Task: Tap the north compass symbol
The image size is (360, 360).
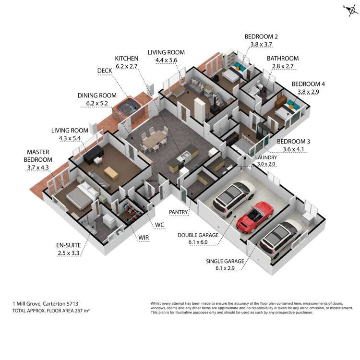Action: click(348, 11)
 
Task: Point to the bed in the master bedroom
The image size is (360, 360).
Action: click(79, 194)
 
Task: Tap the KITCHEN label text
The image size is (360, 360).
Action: click(126, 59)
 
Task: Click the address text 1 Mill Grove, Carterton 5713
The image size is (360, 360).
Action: click(46, 304)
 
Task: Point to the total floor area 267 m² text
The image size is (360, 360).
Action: click(51, 311)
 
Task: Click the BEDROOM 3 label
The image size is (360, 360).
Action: click(293, 142)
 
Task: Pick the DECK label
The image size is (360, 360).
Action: click(104, 71)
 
